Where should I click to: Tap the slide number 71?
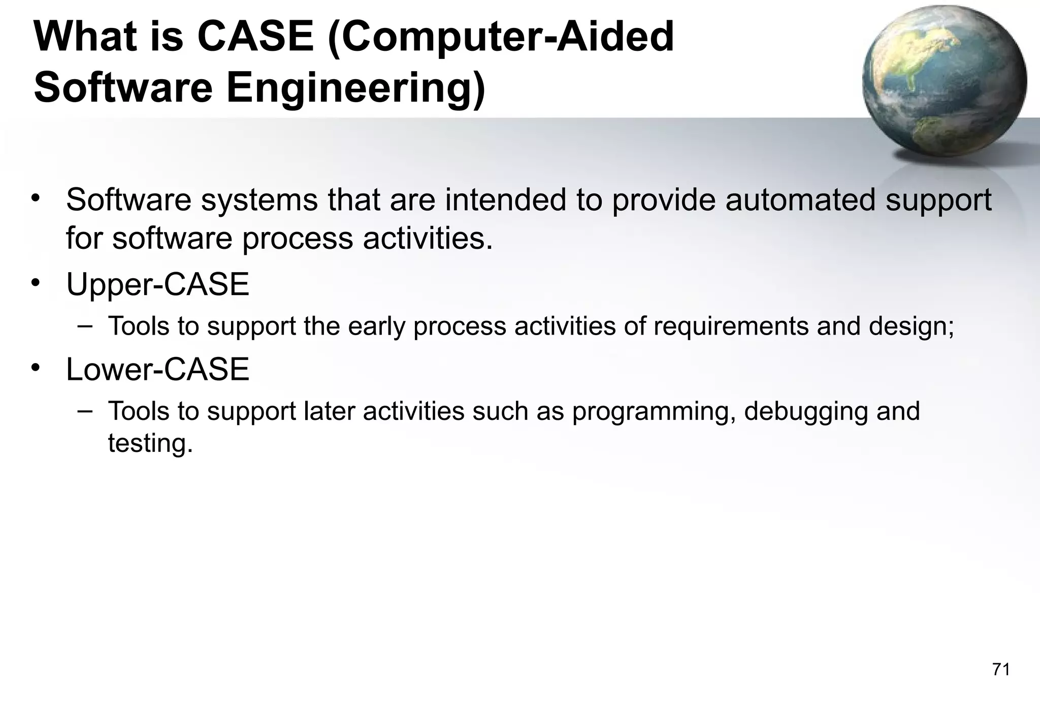coord(1001,670)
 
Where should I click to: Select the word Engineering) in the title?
coord(355,88)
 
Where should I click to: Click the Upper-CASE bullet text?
coord(157,284)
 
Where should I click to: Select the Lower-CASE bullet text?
coord(157,369)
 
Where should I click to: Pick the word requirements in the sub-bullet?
coord(731,326)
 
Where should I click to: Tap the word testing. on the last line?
coord(150,443)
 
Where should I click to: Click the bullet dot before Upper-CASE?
coord(35,282)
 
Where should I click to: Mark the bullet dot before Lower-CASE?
coord(35,367)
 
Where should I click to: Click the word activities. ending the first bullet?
coord(428,238)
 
